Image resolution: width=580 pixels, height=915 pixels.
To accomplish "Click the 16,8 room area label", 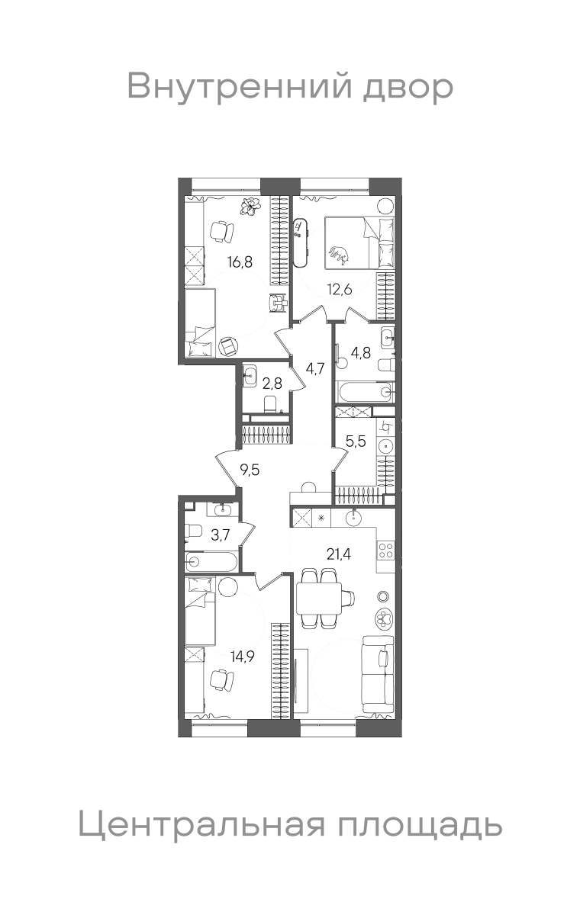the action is (240, 262).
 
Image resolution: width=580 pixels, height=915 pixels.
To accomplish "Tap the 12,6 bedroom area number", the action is (340, 289).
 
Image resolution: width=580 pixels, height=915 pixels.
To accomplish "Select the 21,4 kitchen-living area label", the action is (339, 554).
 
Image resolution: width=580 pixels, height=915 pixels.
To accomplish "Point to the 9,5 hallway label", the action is (250, 470).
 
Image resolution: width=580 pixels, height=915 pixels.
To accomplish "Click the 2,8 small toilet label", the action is (272, 384).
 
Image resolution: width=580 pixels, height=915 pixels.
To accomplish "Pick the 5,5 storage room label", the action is (356, 441).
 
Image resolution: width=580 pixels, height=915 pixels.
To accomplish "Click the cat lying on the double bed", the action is (338, 255).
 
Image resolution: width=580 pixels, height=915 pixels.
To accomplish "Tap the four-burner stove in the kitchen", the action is (385, 550).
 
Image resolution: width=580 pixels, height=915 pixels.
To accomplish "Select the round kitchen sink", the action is (353, 518).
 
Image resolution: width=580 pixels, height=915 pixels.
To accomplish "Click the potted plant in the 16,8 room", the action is (250, 206).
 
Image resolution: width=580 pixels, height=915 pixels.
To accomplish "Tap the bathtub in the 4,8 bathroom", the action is (365, 392).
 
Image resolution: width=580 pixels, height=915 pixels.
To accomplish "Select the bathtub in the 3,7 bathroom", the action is (211, 562).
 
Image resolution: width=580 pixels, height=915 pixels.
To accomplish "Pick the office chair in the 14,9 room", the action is (221, 679).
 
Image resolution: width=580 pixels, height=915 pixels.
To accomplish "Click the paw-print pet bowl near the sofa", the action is (384, 618).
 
